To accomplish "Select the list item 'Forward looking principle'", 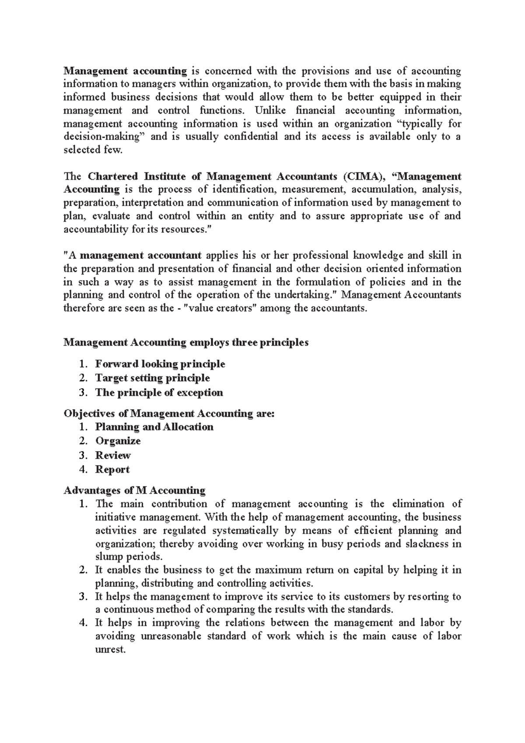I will [160, 364].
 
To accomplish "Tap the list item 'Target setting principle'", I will [152, 378].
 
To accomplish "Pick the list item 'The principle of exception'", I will [159, 393].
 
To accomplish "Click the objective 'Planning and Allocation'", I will [154, 427].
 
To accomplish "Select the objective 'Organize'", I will [118, 441].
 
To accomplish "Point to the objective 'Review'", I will [113, 456].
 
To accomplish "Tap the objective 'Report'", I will [112, 470].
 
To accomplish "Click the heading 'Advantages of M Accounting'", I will [134, 490].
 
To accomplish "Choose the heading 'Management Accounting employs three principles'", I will [186, 342].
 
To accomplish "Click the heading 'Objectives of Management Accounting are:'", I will [169, 414].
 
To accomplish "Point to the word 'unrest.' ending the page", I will [110, 649].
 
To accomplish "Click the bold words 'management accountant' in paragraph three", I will [140, 256].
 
